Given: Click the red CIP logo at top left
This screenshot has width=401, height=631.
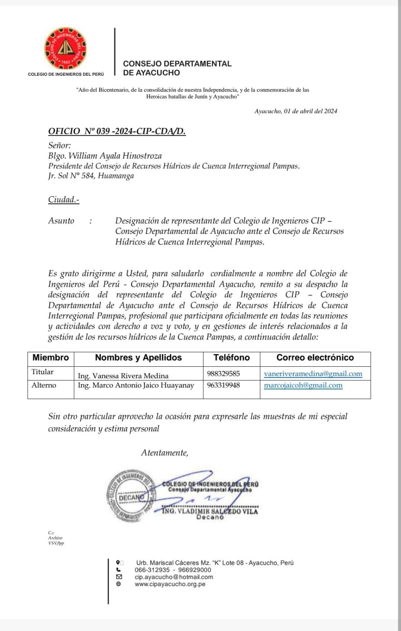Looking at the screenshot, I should pyautogui.click(x=65, y=49).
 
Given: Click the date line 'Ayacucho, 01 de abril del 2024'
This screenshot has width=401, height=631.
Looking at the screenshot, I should pyautogui.click(x=296, y=111).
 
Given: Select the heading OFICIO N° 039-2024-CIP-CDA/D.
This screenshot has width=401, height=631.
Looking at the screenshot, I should pyautogui.click(x=117, y=131).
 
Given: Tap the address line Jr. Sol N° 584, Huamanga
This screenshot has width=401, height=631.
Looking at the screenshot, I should pyautogui.click(x=91, y=176).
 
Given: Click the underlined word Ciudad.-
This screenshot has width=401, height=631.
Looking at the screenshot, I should pyautogui.click(x=64, y=200).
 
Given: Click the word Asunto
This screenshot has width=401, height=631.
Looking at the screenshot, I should pyautogui.click(x=61, y=221).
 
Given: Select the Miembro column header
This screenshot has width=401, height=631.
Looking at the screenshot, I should pyautogui.click(x=51, y=358).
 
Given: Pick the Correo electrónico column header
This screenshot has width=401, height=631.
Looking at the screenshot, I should pyautogui.click(x=315, y=358).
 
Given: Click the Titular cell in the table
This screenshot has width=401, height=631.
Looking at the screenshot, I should pyautogui.click(x=43, y=372).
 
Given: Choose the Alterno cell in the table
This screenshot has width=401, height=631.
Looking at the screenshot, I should pyautogui.click(x=44, y=385).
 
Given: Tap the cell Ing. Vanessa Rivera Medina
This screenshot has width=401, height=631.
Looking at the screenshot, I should pyautogui.click(x=123, y=376).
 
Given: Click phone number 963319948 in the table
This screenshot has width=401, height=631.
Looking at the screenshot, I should pyautogui.click(x=223, y=385).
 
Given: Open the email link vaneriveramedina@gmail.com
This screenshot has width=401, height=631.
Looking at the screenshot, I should pyautogui.click(x=313, y=374).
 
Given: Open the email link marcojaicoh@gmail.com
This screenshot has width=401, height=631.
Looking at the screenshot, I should pyautogui.click(x=303, y=385).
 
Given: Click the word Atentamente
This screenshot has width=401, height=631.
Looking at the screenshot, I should pyautogui.click(x=165, y=453).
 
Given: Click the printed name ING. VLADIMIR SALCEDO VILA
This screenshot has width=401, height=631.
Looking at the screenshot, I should pyautogui.click(x=210, y=512).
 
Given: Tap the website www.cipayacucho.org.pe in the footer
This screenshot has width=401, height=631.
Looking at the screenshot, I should pyautogui.click(x=170, y=584).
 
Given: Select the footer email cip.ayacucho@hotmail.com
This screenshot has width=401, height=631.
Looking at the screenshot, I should pyautogui.click(x=174, y=577).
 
